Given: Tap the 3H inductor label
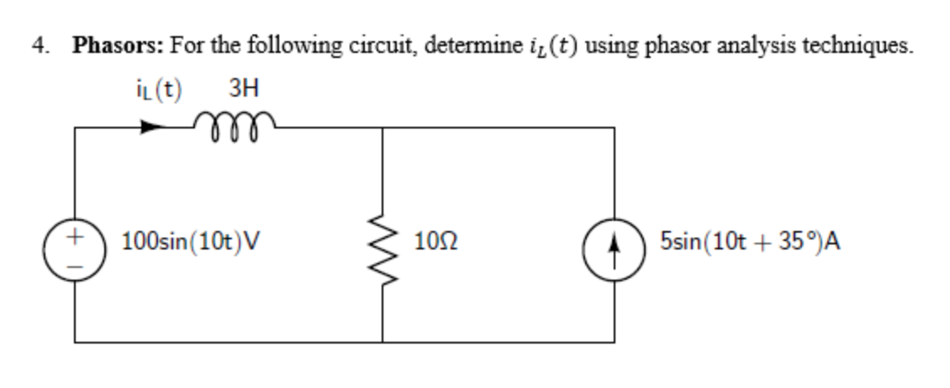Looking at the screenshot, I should [x=241, y=88].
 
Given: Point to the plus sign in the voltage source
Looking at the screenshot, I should [x=76, y=238].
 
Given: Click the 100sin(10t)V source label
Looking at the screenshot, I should [x=191, y=243].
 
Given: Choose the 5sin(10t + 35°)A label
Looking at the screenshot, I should [x=750, y=243].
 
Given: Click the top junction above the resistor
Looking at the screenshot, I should [x=383, y=128].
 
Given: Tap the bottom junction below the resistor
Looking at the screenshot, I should [x=383, y=342].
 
